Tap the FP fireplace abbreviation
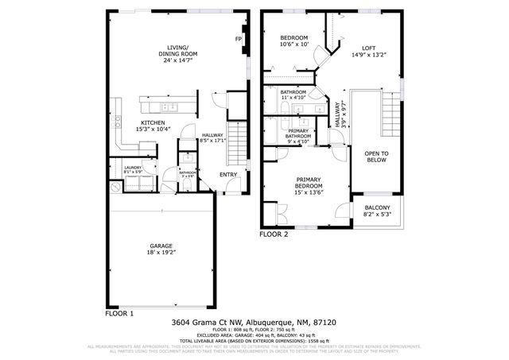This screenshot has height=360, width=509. tap(238, 39)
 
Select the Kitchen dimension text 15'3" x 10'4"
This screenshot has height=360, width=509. tap(153, 129)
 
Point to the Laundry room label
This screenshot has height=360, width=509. tap(131, 168)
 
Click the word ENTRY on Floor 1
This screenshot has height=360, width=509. tap(228, 175)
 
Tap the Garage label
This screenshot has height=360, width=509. tap(161, 246)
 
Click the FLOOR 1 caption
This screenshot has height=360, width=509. tap(119, 313)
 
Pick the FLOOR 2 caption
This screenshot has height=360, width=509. tap(274, 234)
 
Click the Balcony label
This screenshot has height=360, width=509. tap(377, 208)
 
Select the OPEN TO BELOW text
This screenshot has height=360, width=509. tap(376, 156)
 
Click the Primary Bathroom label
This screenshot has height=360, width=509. tap(298, 134)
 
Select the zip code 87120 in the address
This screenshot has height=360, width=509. tap(324, 323)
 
